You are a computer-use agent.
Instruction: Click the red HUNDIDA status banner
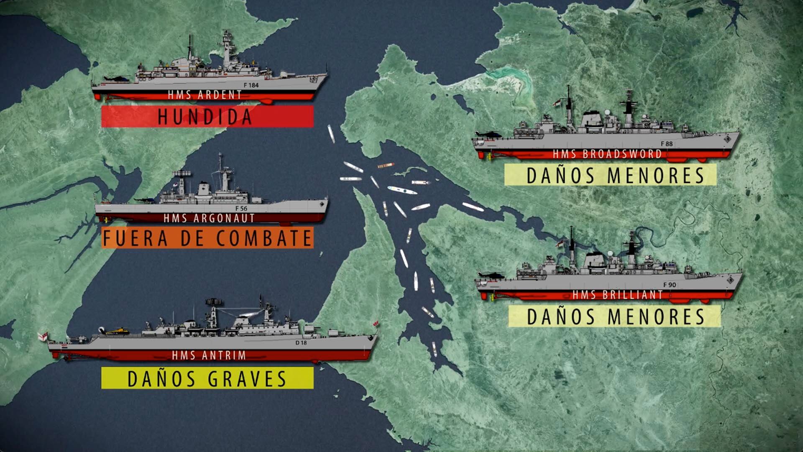coord(207,116)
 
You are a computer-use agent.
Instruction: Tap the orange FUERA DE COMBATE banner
coord(207,238)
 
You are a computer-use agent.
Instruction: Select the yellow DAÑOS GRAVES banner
coord(207,378)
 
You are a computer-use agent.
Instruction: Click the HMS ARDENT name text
coord(205,95)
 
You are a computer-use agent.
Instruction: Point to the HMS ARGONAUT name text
coord(209,218)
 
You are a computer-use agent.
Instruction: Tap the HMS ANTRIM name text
coord(209,355)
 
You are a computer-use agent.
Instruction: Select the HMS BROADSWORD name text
coord(607,154)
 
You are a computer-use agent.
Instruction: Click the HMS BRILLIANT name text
coord(618,295)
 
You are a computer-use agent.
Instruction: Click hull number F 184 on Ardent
coord(251,85)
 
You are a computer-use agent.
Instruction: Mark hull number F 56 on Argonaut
coord(241,208)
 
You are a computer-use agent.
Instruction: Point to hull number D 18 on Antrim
coord(301,343)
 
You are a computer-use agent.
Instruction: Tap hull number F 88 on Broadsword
coord(667,144)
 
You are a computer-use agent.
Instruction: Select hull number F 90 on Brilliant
coord(669,285)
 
